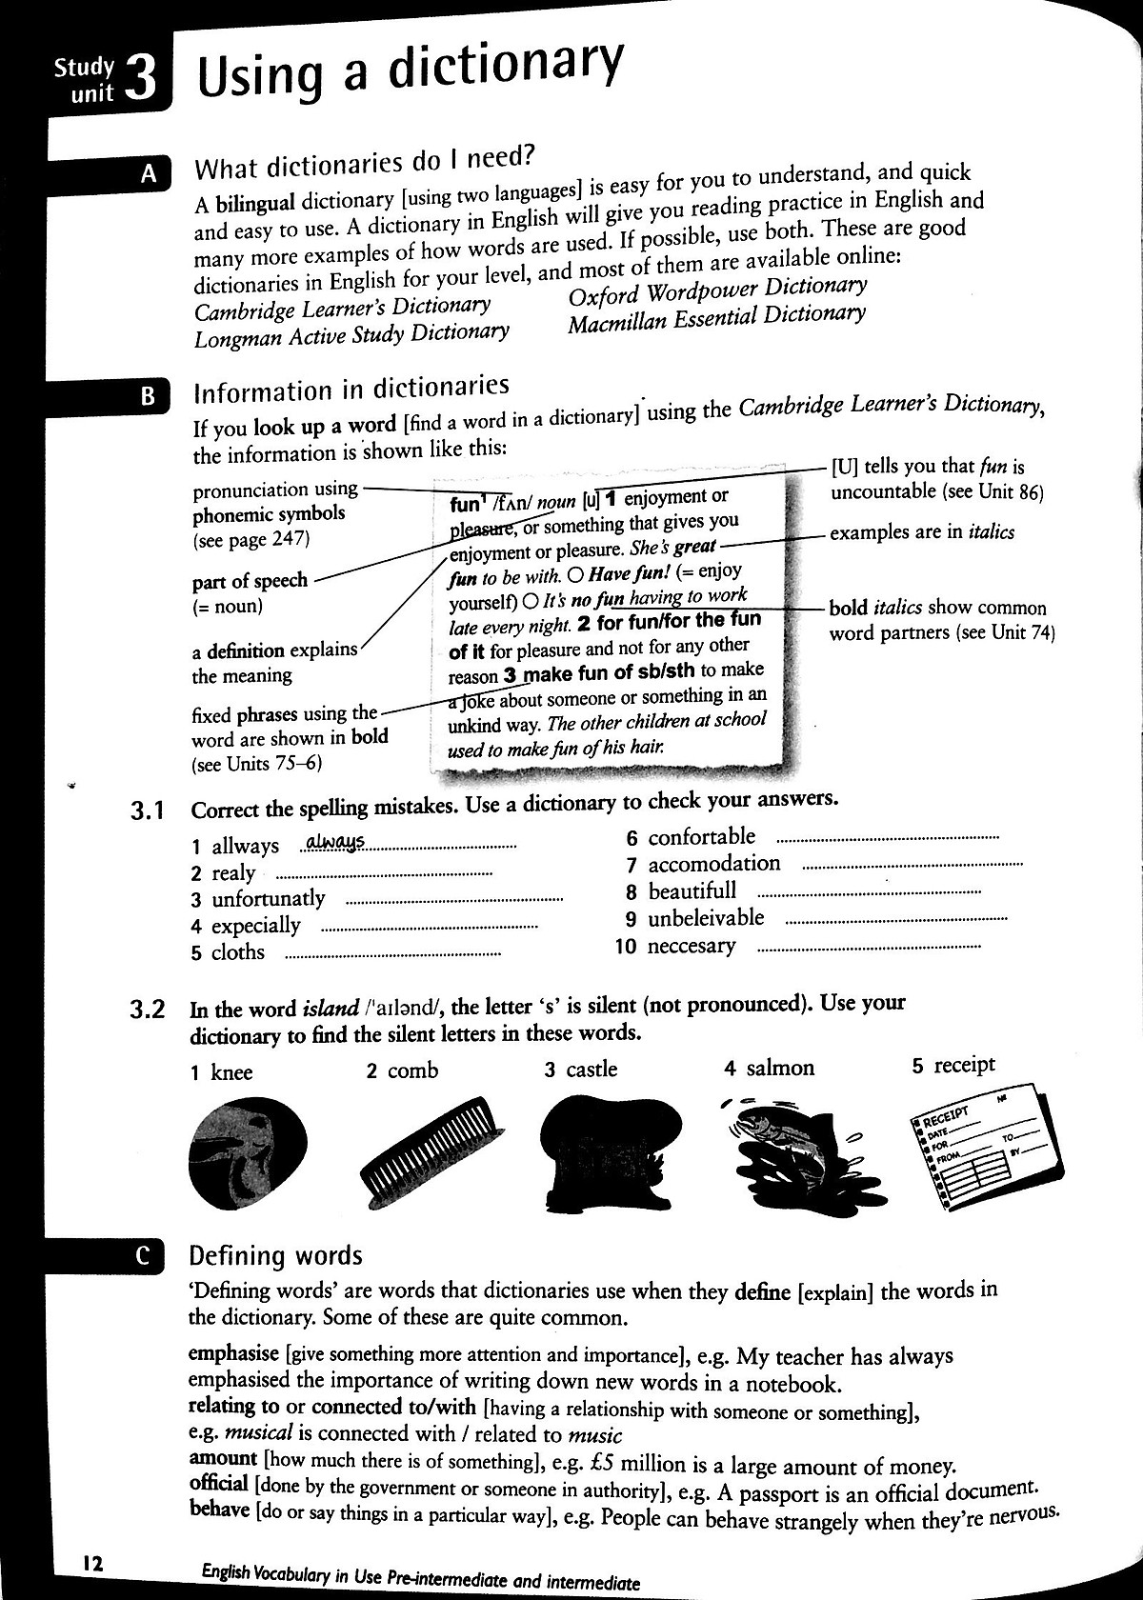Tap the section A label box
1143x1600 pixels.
point(148,174)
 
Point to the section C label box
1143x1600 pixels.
point(144,1256)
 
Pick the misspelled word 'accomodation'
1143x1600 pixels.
point(713,864)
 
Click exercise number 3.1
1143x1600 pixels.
point(148,811)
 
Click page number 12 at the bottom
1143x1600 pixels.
point(92,1563)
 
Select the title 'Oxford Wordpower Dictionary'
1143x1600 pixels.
point(717,290)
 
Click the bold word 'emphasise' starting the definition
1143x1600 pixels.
point(232,1353)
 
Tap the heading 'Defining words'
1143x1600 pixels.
point(276,1256)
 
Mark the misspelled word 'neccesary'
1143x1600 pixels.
point(692,946)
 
